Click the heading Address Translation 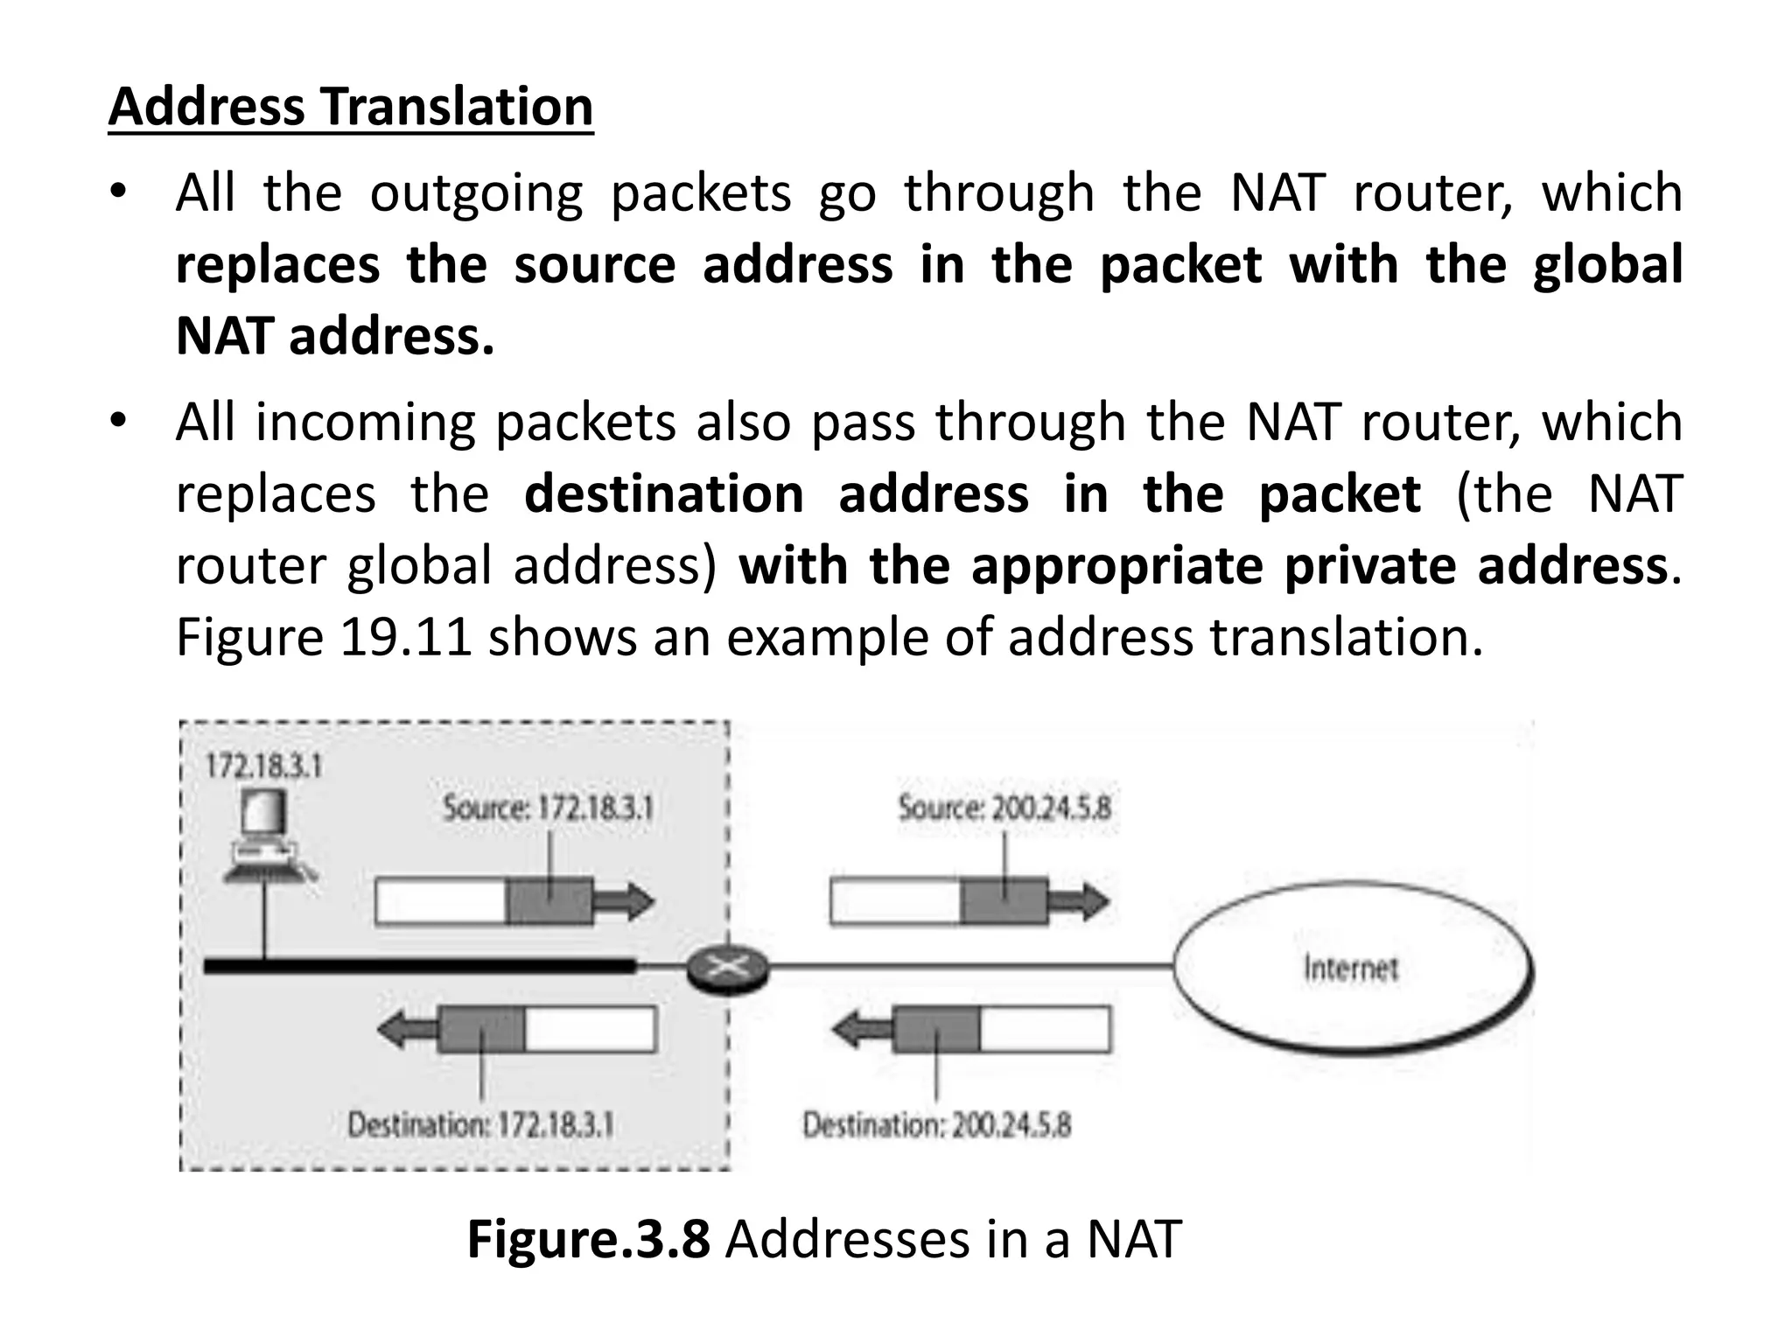pyautogui.click(x=350, y=107)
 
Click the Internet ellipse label pyautogui.click(x=1350, y=969)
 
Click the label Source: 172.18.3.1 pyautogui.click(x=548, y=807)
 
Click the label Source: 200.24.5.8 pyautogui.click(x=1004, y=807)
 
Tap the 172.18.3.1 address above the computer pyautogui.click(x=263, y=766)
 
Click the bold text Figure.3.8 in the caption pyautogui.click(x=588, y=1239)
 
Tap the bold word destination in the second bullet pyautogui.click(x=663, y=493)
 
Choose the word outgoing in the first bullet pyautogui.click(x=475, y=193)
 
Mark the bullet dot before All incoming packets pyautogui.click(x=119, y=421)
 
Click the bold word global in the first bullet pyautogui.click(x=1606, y=265)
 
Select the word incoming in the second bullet pyautogui.click(x=365, y=423)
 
